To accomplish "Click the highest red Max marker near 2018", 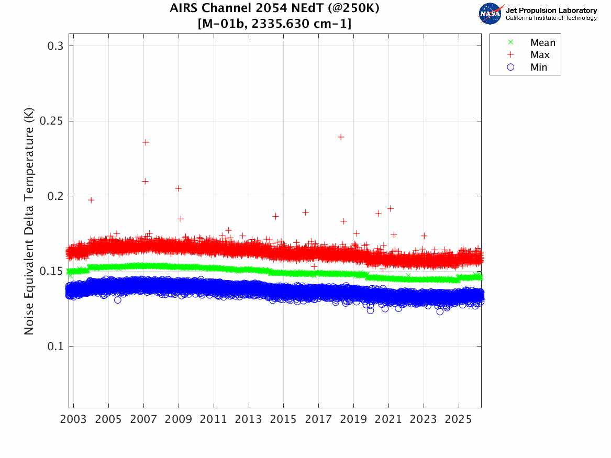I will click(341, 137).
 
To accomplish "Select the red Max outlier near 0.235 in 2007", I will click(146, 142).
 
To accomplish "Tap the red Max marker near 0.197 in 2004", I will click(91, 200).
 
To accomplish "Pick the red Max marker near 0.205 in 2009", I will click(179, 188).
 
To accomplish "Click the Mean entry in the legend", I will click(542, 43).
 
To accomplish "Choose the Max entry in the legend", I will click(540, 55).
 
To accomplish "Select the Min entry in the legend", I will click(539, 68).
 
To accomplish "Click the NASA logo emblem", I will click(490, 13).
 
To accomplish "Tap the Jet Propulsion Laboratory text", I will click(551, 10).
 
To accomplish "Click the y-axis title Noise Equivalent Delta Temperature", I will click(29, 225).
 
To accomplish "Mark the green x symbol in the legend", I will click(512, 42).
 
